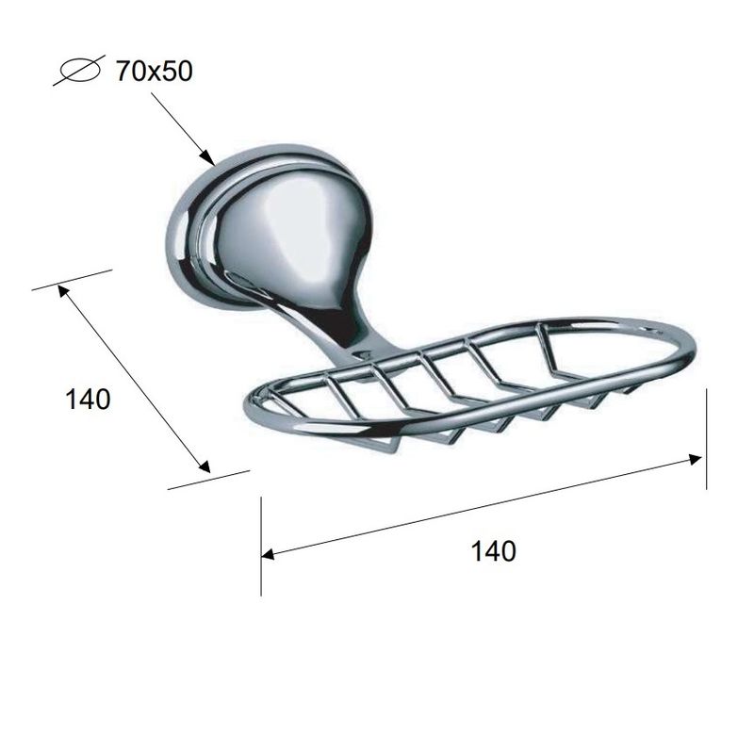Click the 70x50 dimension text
tap(154, 72)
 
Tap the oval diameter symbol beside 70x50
tap(79, 70)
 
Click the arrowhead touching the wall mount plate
tap(207, 157)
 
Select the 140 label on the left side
tap(88, 400)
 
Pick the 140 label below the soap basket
tap(493, 551)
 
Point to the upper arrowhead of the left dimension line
tap(63, 291)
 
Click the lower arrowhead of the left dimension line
tap(205, 466)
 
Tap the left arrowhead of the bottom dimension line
tap(268, 554)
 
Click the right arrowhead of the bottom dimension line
tap(696, 459)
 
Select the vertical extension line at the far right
tap(706, 439)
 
